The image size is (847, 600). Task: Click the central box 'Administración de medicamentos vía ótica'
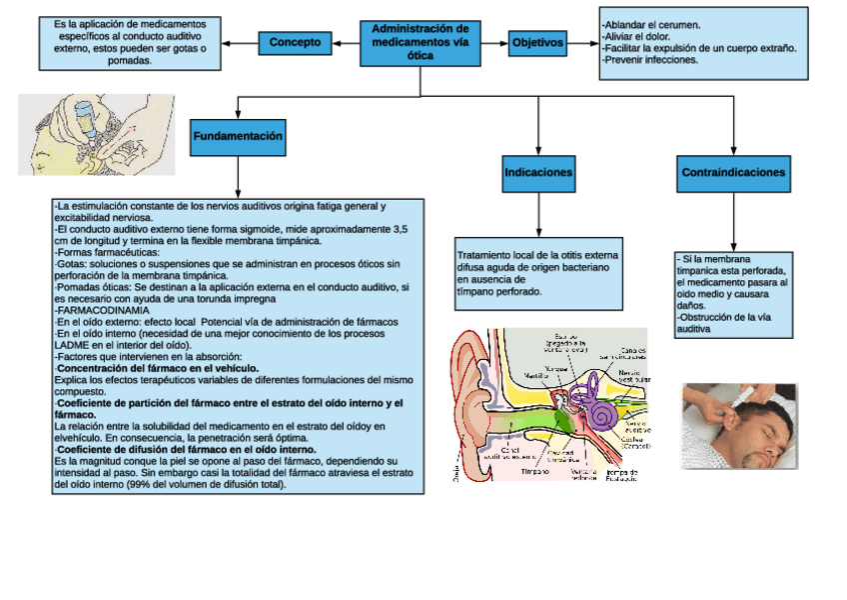coord(420,43)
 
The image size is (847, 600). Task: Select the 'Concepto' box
coord(295,43)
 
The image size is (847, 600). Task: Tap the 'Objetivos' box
coord(537,43)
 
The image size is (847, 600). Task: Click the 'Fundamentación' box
coord(238,136)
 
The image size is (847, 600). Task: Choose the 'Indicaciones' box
coord(538,173)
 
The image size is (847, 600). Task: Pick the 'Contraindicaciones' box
coord(733,173)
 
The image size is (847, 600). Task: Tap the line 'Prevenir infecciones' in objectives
coord(650,60)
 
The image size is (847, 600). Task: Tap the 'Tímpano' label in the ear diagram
coord(536,470)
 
